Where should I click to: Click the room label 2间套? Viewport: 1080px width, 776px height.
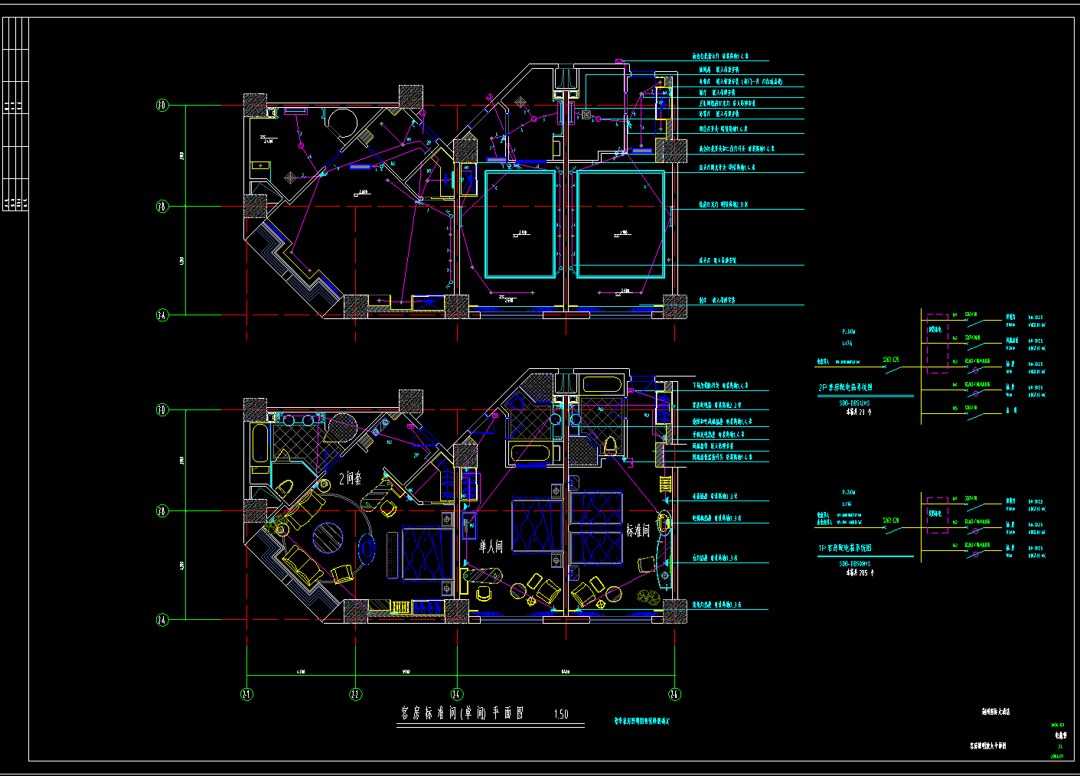point(351,479)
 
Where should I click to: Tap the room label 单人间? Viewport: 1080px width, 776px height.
point(491,546)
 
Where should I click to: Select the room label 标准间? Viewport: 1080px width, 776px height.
point(638,530)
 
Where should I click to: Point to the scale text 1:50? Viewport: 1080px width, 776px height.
point(561,714)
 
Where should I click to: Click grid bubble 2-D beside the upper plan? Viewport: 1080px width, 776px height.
point(162,106)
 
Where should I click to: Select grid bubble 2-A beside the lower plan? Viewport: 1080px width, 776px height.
point(162,620)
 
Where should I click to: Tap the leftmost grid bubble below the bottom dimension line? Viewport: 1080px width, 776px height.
point(247,694)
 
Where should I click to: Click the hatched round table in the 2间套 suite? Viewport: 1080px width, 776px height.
point(328,537)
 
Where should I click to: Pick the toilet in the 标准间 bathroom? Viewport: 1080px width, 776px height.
point(611,445)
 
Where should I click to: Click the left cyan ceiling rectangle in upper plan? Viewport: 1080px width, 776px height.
point(520,224)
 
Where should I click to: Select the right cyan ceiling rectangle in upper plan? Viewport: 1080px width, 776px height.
point(621,224)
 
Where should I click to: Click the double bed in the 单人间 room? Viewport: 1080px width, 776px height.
point(536,524)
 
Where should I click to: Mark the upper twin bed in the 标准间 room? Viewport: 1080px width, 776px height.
point(597,508)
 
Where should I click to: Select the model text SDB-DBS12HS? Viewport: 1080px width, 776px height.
point(854,403)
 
